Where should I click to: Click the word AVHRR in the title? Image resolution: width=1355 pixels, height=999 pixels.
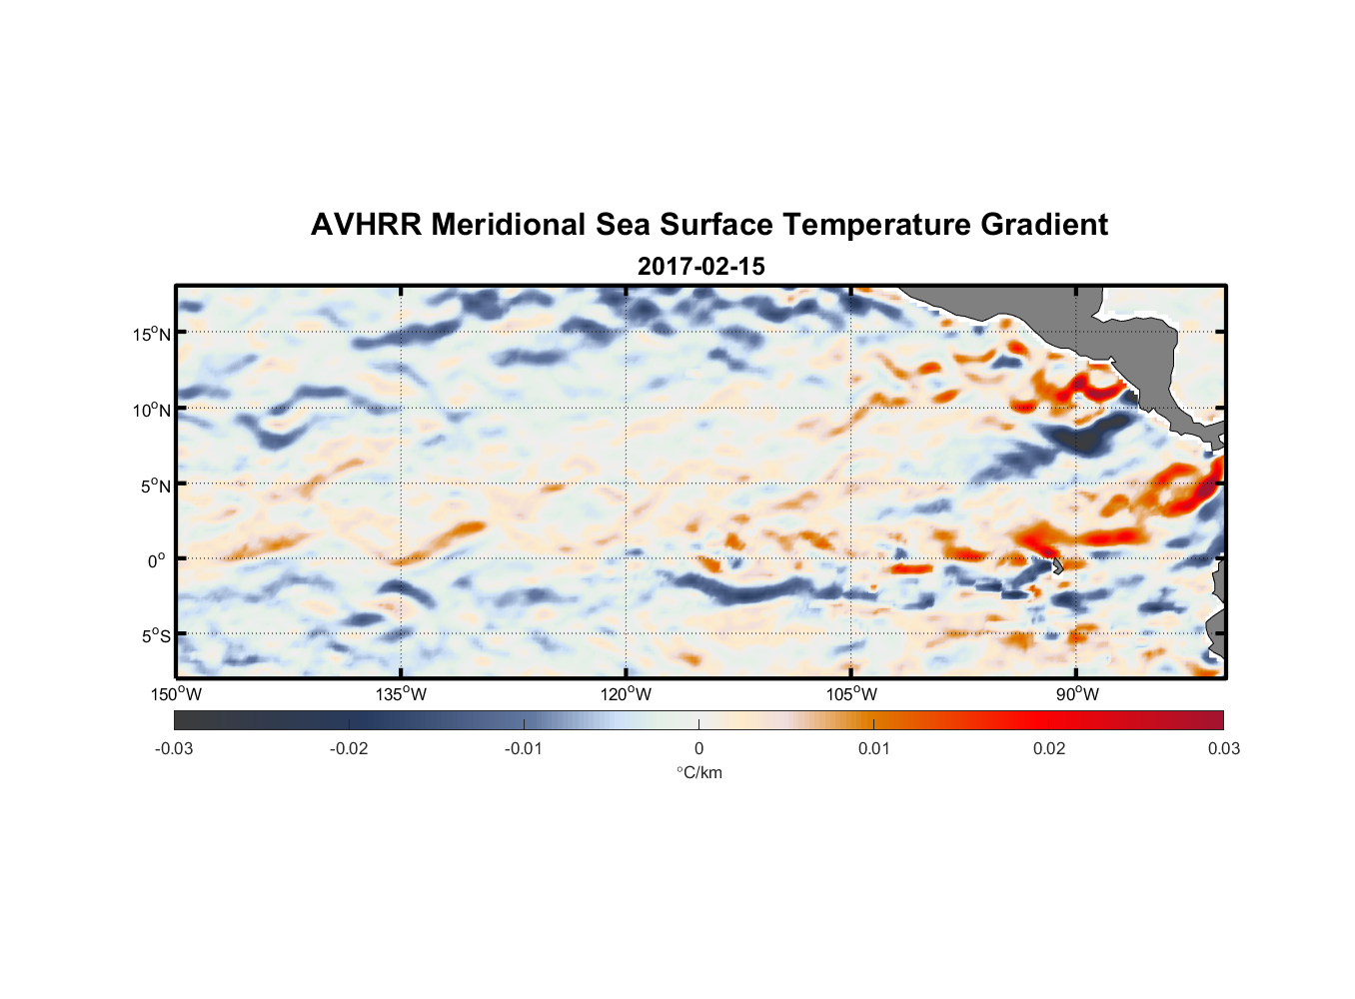[366, 225]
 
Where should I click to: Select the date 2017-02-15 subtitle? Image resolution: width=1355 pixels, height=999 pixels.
[700, 267]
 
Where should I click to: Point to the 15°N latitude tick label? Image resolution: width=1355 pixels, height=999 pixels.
[152, 334]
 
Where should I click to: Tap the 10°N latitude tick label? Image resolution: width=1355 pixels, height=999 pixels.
[152, 410]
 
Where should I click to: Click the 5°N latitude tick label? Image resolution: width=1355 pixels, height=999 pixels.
[155, 486]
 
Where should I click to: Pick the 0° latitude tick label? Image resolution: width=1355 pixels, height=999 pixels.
[157, 560]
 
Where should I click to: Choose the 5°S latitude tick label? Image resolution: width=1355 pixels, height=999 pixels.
[155, 635]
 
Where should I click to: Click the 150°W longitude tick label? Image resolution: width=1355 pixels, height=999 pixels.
[176, 694]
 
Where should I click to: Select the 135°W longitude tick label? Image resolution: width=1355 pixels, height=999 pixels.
[401, 694]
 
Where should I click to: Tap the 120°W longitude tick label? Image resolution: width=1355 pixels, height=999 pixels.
[626, 694]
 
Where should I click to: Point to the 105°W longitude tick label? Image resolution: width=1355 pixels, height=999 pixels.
[850, 694]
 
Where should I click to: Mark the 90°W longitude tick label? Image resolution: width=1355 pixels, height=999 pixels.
[1076, 694]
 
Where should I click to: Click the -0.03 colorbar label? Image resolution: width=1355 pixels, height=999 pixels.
[174, 748]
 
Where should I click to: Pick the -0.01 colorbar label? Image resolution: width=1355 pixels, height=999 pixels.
[524, 748]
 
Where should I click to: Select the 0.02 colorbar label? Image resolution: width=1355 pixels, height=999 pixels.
[1048, 748]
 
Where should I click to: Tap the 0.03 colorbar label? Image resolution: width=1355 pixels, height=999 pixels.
[1223, 748]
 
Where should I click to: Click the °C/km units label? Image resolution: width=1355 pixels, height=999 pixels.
[698, 772]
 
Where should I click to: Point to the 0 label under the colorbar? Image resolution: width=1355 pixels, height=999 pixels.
[698, 748]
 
